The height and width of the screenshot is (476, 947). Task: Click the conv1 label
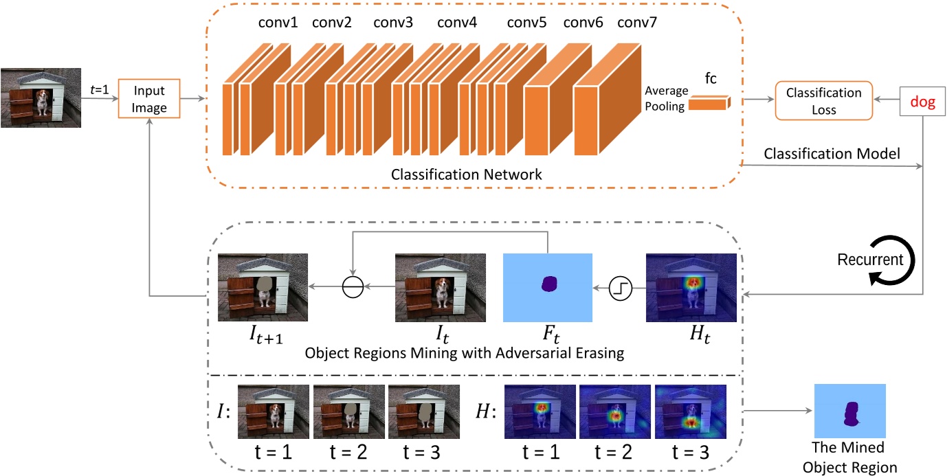(278, 23)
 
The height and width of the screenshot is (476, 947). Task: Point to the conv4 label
(457, 23)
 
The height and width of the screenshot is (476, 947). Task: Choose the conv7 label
(637, 23)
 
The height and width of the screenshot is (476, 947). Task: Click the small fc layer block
(708, 104)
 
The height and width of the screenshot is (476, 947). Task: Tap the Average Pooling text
(666, 98)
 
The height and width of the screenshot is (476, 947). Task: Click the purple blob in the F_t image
(549, 284)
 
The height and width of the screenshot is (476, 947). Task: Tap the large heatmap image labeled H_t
(691, 288)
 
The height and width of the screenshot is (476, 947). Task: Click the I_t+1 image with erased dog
(263, 288)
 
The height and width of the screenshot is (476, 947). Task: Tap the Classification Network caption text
(466, 174)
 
